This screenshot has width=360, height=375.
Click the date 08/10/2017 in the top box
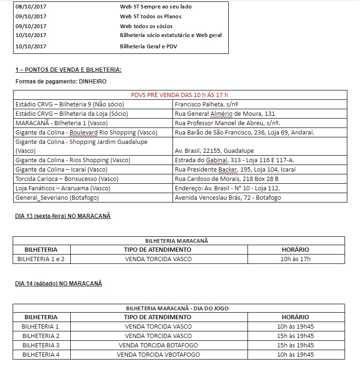(31, 7)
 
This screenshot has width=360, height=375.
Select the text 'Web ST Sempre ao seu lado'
(156, 7)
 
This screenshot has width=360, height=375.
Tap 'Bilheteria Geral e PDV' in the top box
(149, 46)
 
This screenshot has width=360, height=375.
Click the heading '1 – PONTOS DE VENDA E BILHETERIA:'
(68, 70)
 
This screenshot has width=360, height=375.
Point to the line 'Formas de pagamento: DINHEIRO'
(61, 82)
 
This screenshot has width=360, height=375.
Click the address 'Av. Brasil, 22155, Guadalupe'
(214, 151)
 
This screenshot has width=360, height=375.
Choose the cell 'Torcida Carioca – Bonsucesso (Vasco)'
(67, 179)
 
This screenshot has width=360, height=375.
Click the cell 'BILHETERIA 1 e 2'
(41, 259)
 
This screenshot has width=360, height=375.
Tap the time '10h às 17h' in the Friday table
(296, 259)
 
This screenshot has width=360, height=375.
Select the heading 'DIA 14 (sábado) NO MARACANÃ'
(59, 284)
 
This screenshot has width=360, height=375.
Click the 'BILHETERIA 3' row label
(41, 345)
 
